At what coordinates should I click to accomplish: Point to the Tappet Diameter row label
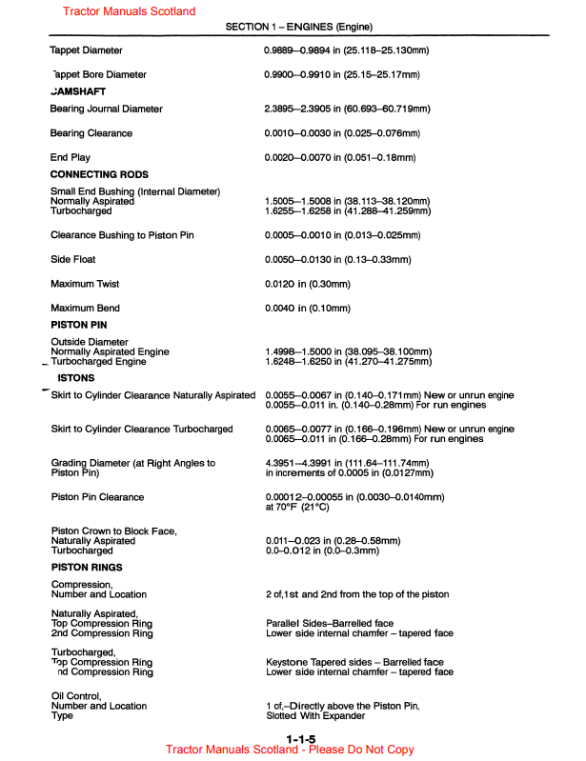86,50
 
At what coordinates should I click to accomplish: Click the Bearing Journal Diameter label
106,110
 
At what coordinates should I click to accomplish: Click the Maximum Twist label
87,284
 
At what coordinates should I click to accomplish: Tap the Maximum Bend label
86,308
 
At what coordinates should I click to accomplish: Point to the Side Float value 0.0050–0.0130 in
337,259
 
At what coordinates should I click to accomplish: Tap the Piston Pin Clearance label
97,497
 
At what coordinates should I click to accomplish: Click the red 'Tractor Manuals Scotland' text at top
129,11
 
